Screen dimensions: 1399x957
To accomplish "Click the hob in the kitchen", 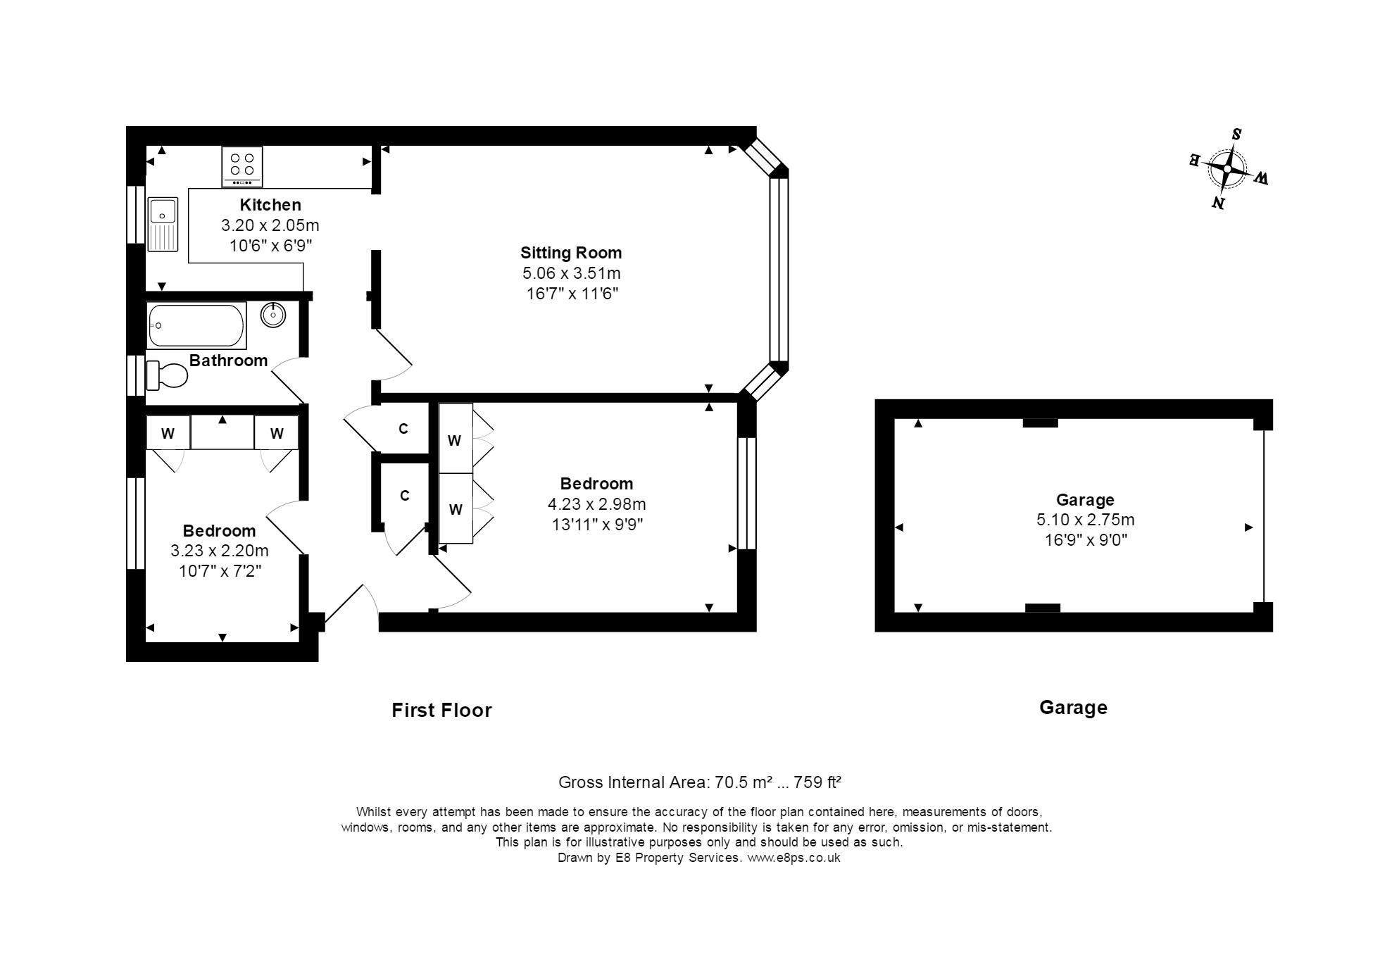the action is tap(242, 166).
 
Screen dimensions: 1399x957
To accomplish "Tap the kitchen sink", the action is tap(163, 224).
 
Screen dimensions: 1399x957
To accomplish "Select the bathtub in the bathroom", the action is tap(196, 325).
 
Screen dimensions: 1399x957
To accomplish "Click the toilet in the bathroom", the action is tap(167, 375).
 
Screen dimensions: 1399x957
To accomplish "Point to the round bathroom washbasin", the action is tap(273, 315).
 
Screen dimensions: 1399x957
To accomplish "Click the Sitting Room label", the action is tap(571, 253).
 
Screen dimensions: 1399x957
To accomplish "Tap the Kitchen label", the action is tap(270, 205).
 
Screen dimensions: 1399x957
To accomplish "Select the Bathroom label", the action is tap(229, 361).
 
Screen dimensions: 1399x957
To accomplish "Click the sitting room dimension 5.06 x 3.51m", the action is tap(571, 273).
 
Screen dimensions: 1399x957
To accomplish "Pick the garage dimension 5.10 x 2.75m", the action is tap(1085, 520).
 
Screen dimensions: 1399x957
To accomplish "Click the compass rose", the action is tap(1228, 170).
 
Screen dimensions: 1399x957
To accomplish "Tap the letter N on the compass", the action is tap(1217, 204).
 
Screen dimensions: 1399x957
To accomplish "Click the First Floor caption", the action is tap(441, 710).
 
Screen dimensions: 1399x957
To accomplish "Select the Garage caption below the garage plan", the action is tap(1073, 708).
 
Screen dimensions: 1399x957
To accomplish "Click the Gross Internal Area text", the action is tap(700, 782).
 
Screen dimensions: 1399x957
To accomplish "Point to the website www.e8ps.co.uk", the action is tap(793, 858).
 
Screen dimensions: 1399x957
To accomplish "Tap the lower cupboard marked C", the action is tap(404, 496).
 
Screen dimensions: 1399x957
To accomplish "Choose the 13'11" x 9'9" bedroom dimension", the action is tap(596, 525).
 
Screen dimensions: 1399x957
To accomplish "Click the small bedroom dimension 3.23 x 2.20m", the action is tap(220, 551).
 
